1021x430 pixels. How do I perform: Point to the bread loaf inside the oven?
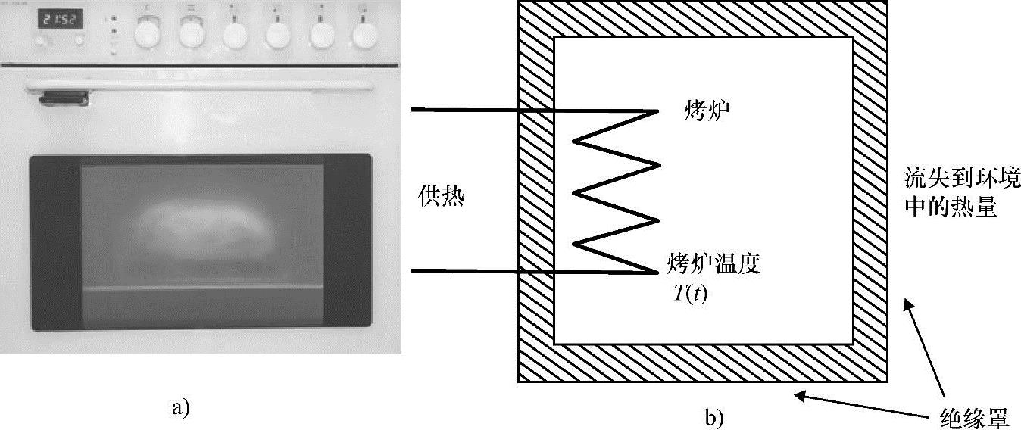click(x=201, y=229)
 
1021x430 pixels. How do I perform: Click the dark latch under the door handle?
click(x=64, y=97)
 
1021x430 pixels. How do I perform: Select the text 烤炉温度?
click(x=713, y=264)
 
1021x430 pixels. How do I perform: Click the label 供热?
click(x=441, y=198)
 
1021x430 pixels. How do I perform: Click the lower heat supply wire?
click(x=470, y=270)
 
